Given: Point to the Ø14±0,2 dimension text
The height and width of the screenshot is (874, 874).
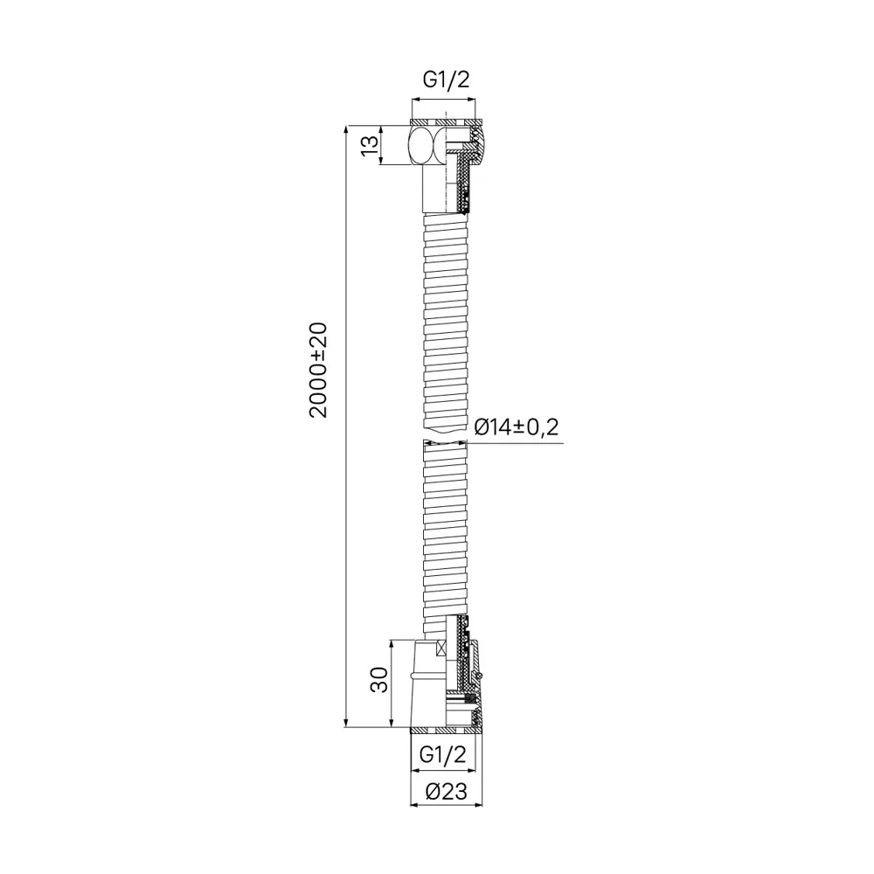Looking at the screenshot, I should [x=516, y=427].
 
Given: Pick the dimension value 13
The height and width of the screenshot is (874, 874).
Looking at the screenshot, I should [x=371, y=145].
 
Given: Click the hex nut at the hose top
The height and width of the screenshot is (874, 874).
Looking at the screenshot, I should [x=427, y=145].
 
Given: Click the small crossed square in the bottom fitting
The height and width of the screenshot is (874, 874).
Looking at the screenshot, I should [x=441, y=648].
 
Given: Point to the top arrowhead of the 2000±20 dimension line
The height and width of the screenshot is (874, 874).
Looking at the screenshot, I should [x=348, y=128].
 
